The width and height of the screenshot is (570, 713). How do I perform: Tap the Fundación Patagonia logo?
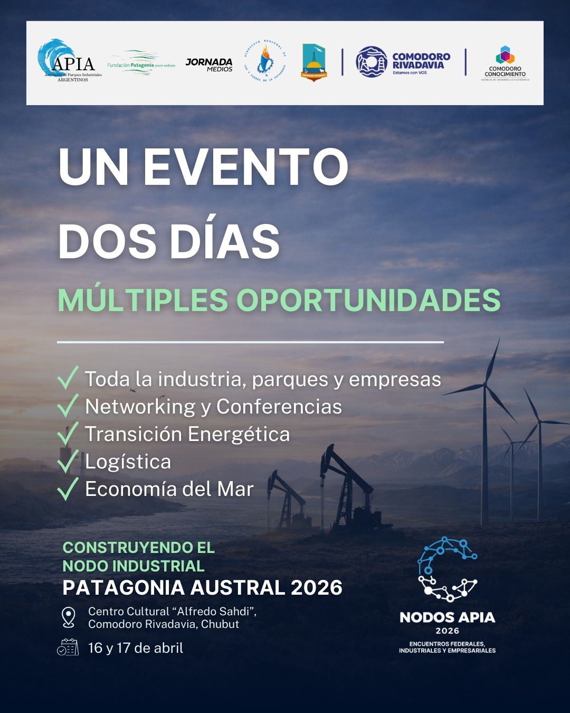click(141, 63)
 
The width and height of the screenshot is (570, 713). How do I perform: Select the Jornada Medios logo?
click(209, 64)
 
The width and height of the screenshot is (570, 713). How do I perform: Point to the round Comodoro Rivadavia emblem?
click(371, 62)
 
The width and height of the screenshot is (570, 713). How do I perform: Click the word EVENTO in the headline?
click(245, 167)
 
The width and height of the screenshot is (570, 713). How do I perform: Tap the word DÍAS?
click(225, 241)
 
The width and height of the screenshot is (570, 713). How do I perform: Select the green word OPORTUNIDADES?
click(368, 300)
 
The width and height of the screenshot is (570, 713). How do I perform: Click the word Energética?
click(239, 434)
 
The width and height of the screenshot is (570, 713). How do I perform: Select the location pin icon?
click(69, 617)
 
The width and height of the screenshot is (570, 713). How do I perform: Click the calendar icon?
click(68, 647)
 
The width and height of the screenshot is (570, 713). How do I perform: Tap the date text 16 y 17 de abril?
click(136, 648)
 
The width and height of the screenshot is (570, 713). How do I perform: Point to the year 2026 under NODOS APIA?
click(447, 631)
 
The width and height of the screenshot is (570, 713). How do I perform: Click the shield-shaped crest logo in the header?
click(313, 62)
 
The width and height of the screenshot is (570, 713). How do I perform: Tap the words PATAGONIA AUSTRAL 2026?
click(203, 588)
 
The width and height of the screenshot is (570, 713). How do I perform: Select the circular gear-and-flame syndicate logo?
click(265, 61)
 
